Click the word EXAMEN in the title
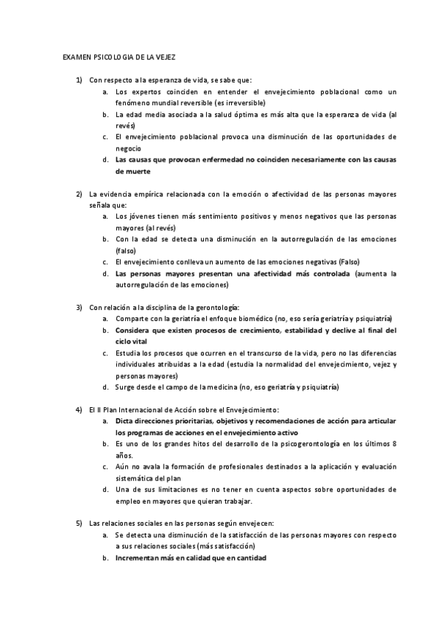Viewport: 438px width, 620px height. pyautogui.click(x=74, y=56)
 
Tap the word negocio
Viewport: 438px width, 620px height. pyautogui.click(x=127, y=148)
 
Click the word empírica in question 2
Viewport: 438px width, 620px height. pyautogui.click(x=142, y=193)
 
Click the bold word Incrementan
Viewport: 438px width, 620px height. pyautogui.click(x=139, y=558)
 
